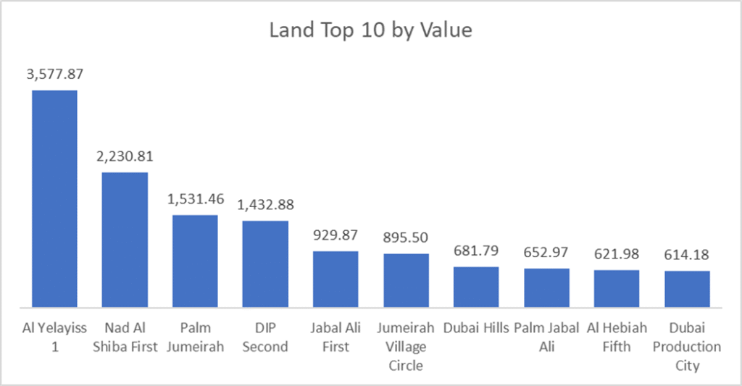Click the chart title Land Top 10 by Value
click(x=370, y=30)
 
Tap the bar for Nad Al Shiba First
click(x=125, y=239)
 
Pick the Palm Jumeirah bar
click(x=195, y=260)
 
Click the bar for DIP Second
click(x=265, y=263)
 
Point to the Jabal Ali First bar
click(x=335, y=278)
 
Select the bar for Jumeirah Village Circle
click(x=406, y=280)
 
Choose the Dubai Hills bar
click(x=476, y=286)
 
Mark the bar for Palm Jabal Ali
click(x=546, y=287)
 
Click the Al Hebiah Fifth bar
click(x=617, y=288)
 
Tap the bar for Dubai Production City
click(x=687, y=288)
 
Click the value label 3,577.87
click(x=54, y=74)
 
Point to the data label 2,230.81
click(x=125, y=156)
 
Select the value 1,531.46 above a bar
click(x=195, y=198)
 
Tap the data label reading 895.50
click(x=406, y=238)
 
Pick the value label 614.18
click(x=687, y=254)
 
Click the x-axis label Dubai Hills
click(x=476, y=328)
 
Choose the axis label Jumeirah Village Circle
click(x=406, y=347)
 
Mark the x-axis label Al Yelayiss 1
click(x=54, y=337)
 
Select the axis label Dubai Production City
click(x=687, y=347)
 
